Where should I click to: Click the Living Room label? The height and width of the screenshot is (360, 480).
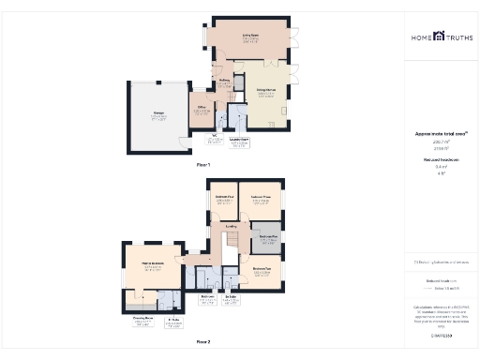(250, 37)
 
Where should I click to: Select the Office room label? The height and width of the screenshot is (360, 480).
(202, 109)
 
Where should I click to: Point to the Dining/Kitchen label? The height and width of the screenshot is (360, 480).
(266, 89)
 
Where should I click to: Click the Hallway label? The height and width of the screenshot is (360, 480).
(224, 81)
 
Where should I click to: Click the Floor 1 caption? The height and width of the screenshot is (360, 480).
(203, 164)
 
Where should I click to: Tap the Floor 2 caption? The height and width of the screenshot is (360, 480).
(203, 342)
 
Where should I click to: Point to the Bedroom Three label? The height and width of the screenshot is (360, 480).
(261, 196)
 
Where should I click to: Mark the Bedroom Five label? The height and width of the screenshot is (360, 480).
(269, 236)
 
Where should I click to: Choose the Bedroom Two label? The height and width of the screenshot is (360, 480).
(262, 268)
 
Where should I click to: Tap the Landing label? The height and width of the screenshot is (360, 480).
(232, 225)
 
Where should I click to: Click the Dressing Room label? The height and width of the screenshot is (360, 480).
(142, 319)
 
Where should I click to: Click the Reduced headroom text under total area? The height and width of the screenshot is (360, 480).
(440, 159)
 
